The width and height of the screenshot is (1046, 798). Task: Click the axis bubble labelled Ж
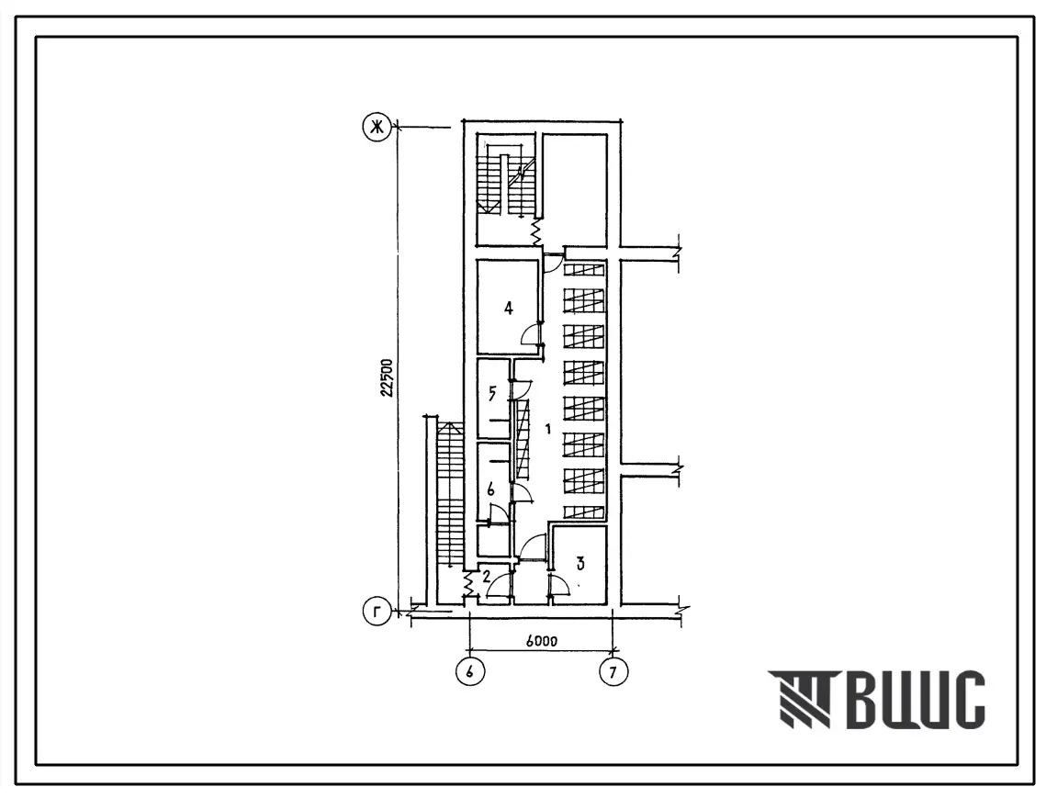(377, 127)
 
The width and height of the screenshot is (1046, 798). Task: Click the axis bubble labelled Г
(377, 613)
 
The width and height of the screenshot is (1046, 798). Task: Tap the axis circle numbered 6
(470, 672)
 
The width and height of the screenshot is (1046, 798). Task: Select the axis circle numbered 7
(613, 672)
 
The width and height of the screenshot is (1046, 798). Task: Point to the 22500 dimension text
(387, 378)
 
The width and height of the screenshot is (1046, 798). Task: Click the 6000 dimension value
(541, 641)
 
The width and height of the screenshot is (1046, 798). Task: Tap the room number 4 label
(509, 308)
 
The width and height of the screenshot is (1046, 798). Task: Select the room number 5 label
(492, 394)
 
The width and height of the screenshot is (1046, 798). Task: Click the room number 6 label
(491, 489)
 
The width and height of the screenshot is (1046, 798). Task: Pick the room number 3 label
(580, 564)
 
